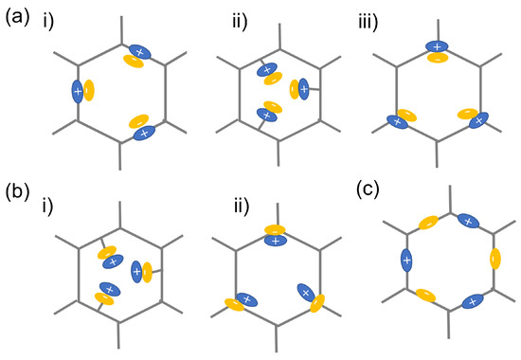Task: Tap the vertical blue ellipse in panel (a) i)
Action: tap(78, 92)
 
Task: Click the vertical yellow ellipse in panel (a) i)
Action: tap(89, 91)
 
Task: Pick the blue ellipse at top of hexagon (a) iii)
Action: tap(436, 45)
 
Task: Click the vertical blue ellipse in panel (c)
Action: tap(406, 259)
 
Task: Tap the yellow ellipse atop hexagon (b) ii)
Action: tap(275, 228)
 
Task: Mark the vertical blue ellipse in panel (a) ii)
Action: tap(304, 90)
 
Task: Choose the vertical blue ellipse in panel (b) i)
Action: tap(136, 272)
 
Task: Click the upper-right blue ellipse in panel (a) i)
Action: tap(140, 51)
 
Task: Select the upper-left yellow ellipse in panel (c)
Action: tap(428, 223)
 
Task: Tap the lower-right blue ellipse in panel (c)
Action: tap(471, 302)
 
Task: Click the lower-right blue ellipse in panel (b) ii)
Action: tap(307, 293)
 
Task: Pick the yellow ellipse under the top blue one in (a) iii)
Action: tap(437, 58)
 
